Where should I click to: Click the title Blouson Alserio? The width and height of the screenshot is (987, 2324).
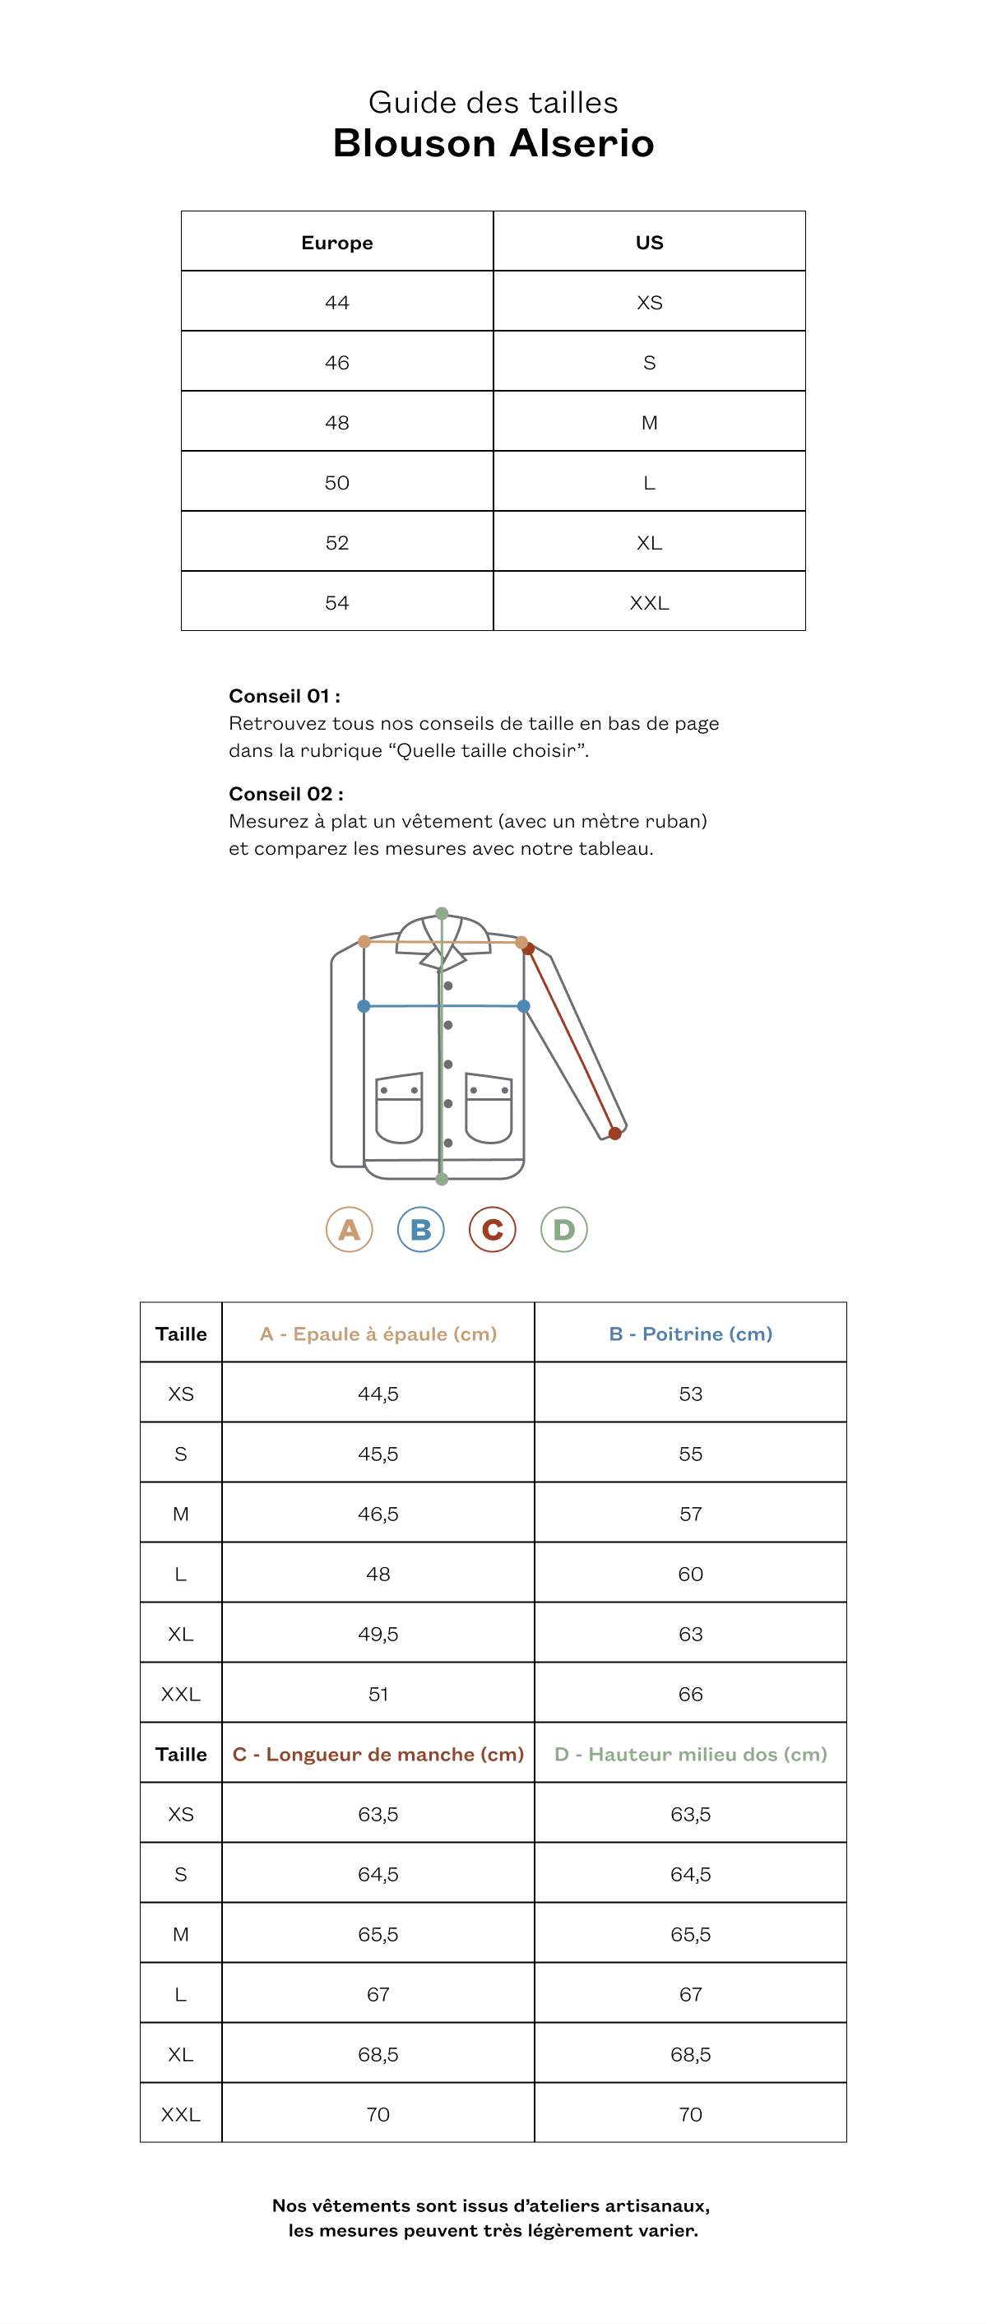[x=493, y=143]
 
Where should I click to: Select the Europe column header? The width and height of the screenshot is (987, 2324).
[x=336, y=243]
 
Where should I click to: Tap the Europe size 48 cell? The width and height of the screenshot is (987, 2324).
[x=336, y=422]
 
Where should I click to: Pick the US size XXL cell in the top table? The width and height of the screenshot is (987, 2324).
[x=649, y=603]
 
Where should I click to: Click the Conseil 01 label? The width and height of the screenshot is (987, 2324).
[x=285, y=696]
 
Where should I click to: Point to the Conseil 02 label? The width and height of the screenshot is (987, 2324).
[x=286, y=794]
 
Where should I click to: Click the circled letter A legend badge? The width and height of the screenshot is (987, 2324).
[x=349, y=1230]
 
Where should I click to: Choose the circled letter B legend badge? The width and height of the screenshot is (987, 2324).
[x=420, y=1230]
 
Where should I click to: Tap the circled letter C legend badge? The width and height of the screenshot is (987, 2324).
[x=493, y=1230]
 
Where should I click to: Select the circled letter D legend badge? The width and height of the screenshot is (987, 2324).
[x=564, y=1230]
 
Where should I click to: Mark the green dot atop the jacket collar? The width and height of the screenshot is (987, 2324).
[x=442, y=913]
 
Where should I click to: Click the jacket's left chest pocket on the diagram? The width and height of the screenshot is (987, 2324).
[x=399, y=1108]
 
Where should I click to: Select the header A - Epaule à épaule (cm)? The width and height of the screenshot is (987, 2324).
[x=378, y=1334]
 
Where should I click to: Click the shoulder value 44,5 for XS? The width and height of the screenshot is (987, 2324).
[x=378, y=1394]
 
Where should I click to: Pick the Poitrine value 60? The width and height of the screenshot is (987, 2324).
[x=690, y=1575]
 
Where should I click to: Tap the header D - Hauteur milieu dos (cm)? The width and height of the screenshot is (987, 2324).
[x=690, y=1754]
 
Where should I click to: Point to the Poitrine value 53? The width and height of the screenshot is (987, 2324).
[x=690, y=1394]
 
